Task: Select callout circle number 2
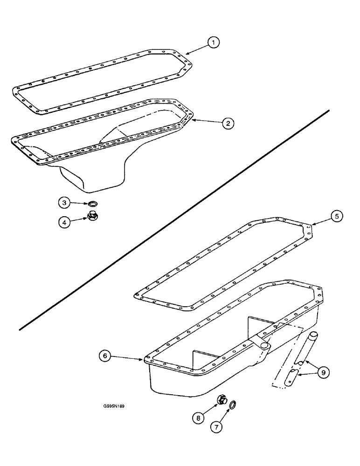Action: [228, 123]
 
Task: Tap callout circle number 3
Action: [65, 203]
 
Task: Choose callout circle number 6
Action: [105, 356]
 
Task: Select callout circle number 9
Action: [323, 371]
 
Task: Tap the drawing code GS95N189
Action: [114, 405]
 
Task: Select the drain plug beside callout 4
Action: [92, 216]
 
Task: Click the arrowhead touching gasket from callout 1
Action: [186, 53]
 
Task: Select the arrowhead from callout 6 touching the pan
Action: [143, 359]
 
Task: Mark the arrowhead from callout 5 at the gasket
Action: [311, 225]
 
